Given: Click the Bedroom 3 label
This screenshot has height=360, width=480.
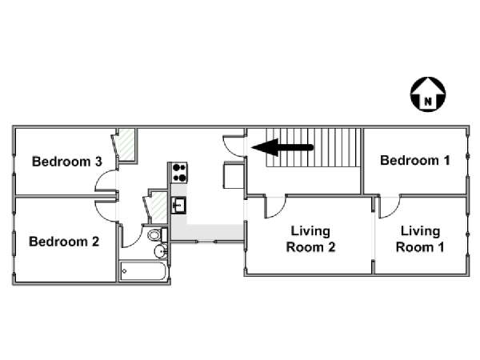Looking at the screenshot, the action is (x=67, y=162).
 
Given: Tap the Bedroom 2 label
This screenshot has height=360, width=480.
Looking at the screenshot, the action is (x=64, y=242).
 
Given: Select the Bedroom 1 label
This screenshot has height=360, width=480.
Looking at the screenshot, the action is (x=414, y=161).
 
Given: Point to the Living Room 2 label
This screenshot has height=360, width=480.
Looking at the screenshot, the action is (x=310, y=239).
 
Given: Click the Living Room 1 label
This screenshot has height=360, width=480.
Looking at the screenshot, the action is (x=420, y=239).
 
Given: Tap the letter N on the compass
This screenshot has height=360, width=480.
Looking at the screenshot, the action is (x=428, y=101).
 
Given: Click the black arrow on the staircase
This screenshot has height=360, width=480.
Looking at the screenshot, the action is (x=282, y=147).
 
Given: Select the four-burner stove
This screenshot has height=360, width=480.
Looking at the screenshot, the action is (x=179, y=173).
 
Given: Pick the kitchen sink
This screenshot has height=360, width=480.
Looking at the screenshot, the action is (x=178, y=205).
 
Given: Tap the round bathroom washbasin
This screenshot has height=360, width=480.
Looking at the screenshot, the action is (x=161, y=251).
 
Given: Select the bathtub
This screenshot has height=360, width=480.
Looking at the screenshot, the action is (x=143, y=270).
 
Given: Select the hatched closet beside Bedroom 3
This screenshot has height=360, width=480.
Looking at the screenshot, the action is (x=126, y=145).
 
